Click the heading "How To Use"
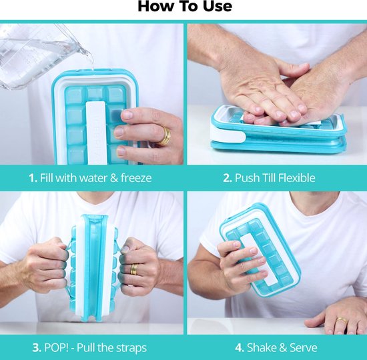[x=185, y=6]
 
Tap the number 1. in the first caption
[x=33, y=178]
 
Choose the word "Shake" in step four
[x=261, y=347]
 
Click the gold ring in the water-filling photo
[x=165, y=136]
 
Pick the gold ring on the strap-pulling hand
[x=134, y=269]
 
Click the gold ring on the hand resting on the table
[x=342, y=321]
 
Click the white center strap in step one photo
[x=97, y=133]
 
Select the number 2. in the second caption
[x=228, y=178]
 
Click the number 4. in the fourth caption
[x=240, y=347]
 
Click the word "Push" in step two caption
[x=247, y=178]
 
